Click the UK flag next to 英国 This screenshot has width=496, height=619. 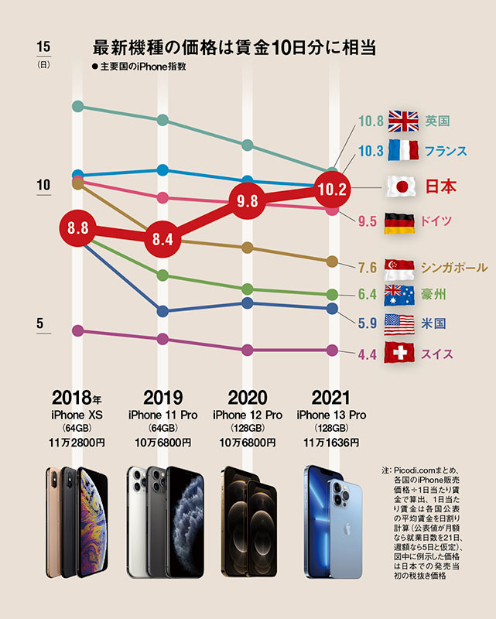(x=403, y=121)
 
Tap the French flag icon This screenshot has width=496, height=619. (x=403, y=150)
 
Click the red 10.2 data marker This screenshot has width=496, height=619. (x=332, y=188)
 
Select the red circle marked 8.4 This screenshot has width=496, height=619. (x=162, y=239)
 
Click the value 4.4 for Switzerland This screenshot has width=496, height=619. (x=367, y=355)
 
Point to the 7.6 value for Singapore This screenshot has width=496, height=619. (x=367, y=268)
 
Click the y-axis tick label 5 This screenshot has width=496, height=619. (x=41, y=325)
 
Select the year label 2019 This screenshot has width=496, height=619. (x=162, y=398)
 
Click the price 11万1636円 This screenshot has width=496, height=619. (x=332, y=443)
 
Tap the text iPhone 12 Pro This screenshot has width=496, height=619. (x=248, y=416)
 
